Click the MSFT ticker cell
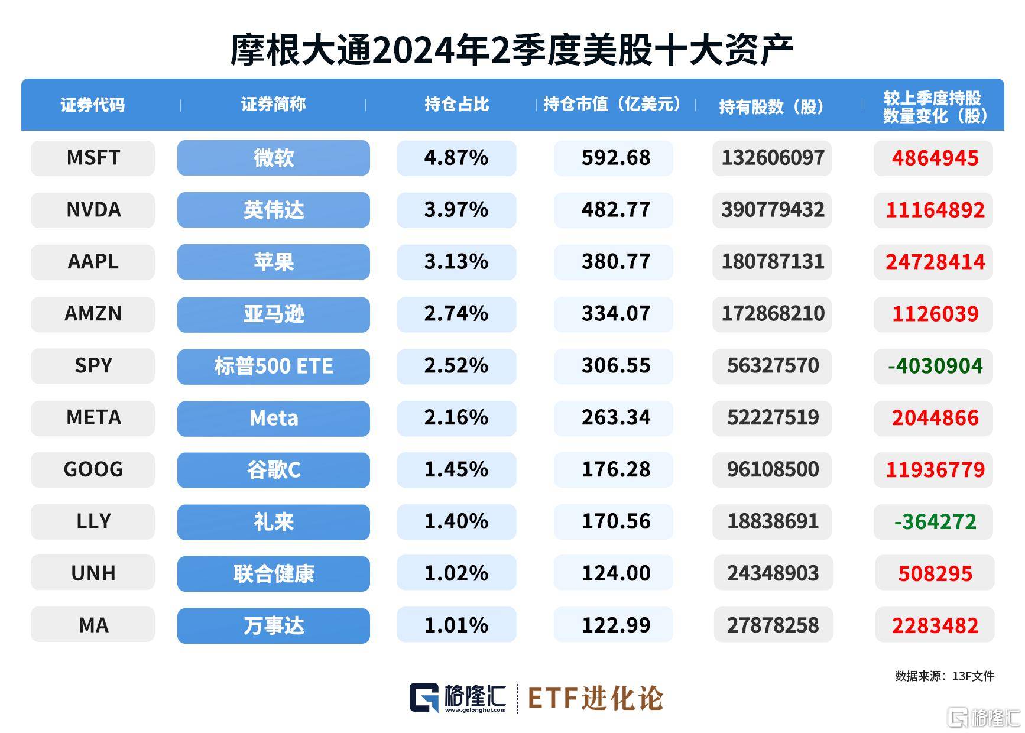93,158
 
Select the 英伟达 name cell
273,210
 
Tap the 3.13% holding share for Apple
456,261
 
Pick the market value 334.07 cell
615,313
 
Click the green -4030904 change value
935,365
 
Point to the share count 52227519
773,417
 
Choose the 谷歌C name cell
273,470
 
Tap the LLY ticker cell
93,521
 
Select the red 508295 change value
935,573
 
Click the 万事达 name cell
273,625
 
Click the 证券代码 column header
93,105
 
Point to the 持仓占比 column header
456,105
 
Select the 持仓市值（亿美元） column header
614,105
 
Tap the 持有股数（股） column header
771,106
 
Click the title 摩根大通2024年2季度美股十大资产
512,51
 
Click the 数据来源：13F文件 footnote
944,676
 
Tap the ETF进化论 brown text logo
595,698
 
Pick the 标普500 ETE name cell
273,366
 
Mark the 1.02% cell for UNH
456,573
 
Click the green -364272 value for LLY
935,521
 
